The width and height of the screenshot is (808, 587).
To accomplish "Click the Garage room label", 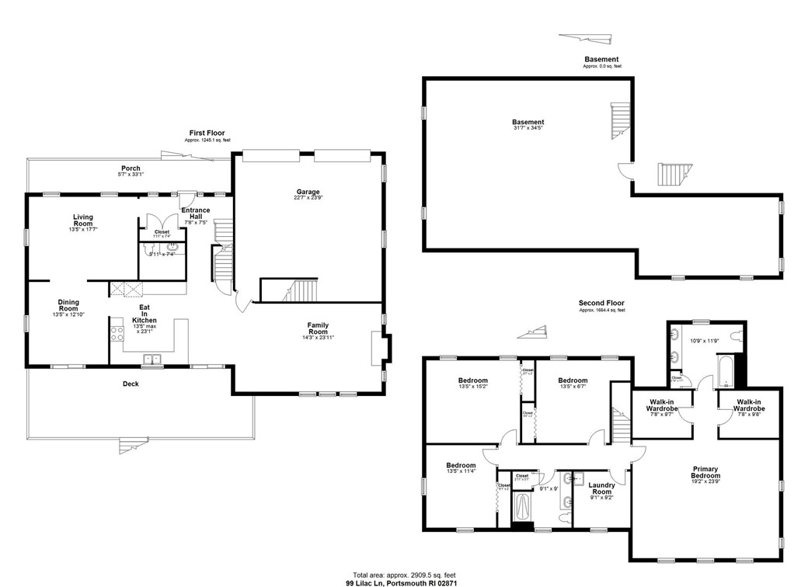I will [x=307, y=193].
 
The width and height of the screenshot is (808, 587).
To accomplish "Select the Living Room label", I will [x=83, y=221].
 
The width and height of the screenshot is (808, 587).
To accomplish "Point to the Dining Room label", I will [x=68, y=306].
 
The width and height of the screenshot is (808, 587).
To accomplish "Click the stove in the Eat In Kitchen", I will [x=118, y=334].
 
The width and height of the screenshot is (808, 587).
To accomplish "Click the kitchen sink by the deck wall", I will [x=151, y=359].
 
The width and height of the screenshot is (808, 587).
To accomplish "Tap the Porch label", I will [x=131, y=168].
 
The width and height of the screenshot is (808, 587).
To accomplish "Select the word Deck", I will [x=131, y=384].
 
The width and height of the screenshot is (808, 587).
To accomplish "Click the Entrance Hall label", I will [x=195, y=214].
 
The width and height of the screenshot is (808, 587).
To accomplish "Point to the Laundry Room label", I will [x=602, y=487].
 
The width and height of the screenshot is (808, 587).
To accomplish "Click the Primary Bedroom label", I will [x=705, y=472].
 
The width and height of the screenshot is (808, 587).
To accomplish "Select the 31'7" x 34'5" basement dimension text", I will [x=528, y=129].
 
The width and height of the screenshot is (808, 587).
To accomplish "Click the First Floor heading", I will [x=207, y=134].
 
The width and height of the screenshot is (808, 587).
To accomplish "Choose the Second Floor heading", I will [x=601, y=304].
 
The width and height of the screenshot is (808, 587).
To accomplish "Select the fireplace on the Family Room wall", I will [x=378, y=348].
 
